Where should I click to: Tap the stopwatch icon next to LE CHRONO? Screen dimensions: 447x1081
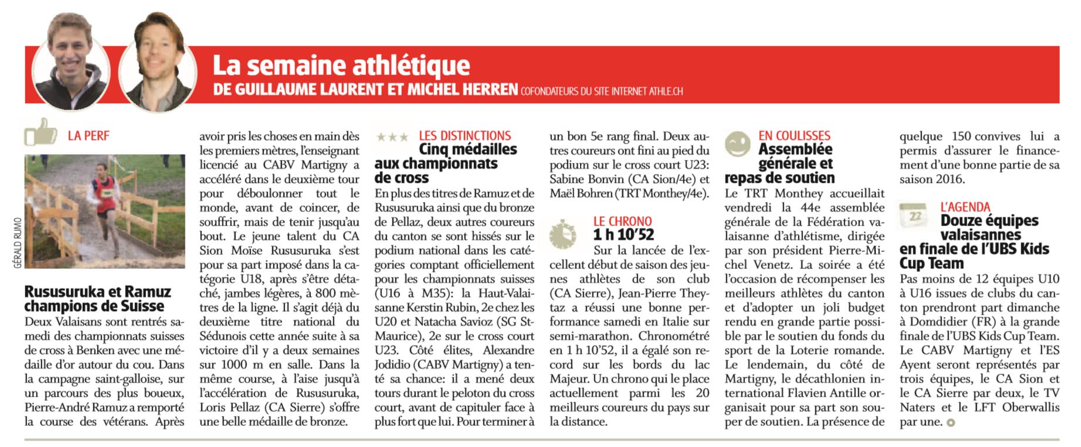563,234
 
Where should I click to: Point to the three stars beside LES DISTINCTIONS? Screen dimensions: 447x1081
392,137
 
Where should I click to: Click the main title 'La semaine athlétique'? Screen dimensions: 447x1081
341,66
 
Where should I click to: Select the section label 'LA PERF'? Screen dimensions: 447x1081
89,136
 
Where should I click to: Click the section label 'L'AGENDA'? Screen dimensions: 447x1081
965,207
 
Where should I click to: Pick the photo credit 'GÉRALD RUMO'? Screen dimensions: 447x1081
18,243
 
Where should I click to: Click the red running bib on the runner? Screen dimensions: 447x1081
107,190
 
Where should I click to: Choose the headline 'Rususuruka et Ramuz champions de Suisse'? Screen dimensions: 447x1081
97,299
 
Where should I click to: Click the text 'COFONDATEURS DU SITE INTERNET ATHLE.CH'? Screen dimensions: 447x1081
601,92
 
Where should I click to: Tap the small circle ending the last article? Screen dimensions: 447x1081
950,422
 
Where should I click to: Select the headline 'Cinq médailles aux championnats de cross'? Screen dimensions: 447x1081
446,163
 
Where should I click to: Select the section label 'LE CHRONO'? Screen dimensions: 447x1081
622,221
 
